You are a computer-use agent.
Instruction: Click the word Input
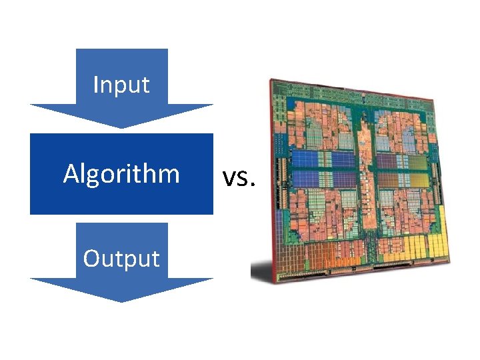121,85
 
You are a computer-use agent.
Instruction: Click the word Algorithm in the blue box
121,174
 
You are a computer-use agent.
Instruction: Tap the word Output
121,258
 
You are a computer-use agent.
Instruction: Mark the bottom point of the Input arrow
121,127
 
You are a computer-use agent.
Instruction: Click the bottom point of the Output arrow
121,301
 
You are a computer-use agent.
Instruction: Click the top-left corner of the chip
270,80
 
